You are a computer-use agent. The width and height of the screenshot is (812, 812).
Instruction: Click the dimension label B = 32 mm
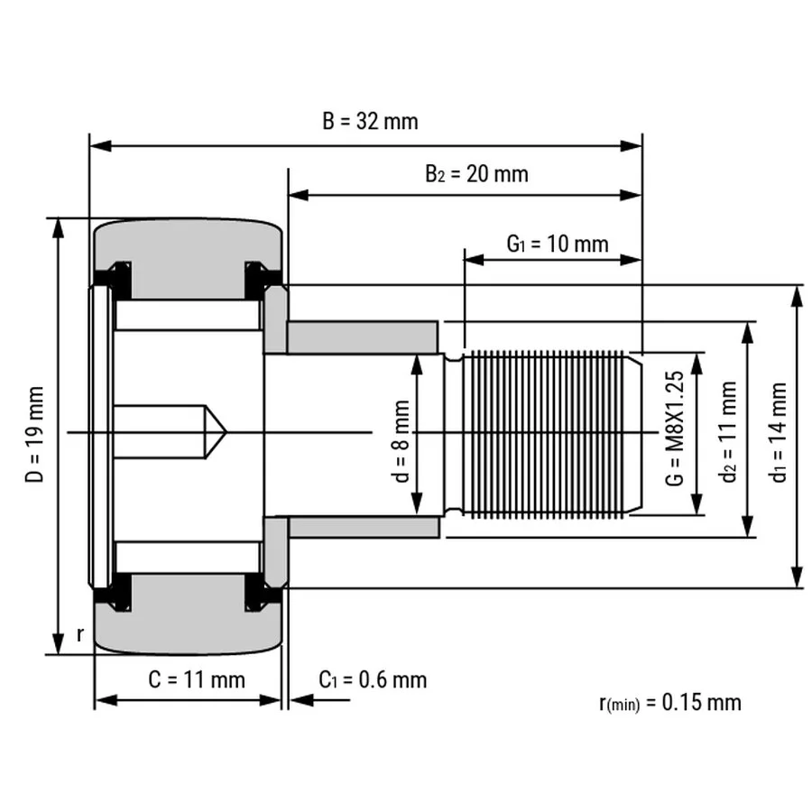(x=370, y=121)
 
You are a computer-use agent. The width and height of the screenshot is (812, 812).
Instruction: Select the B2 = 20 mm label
(x=476, y=174)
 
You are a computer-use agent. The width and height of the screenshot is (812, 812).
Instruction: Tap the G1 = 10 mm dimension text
(x=558, y=244)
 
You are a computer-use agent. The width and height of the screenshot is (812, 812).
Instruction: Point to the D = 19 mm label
(x=34, y=434)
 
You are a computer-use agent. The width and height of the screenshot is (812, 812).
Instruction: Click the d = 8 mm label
(x=401, y=440)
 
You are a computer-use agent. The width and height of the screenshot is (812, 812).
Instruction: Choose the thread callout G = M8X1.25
(x=675, y=428)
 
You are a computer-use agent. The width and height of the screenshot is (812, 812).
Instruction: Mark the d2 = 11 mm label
(x=729, y=431)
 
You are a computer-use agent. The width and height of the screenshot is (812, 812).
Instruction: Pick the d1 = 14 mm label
(x=779, y=432)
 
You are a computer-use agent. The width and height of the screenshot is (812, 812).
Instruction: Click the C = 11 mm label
(x=197, y=679)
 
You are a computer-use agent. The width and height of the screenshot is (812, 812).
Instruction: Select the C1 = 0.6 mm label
(x=373, y=680)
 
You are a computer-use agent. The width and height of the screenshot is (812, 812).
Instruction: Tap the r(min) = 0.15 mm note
(x=670, y=703)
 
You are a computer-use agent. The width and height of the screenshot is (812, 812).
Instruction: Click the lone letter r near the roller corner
(x=79, y=634)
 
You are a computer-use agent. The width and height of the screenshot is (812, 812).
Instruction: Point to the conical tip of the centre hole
(x=226, y=431)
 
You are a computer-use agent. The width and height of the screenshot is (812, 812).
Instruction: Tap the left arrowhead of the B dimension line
(x=100, y=146)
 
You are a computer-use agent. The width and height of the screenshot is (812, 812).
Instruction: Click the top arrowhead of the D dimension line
(x=58, y=228)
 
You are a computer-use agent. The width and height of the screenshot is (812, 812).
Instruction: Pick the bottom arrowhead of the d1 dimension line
(x=797, y=577)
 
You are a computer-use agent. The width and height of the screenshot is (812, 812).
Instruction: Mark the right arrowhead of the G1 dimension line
(x=631, y=260)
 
